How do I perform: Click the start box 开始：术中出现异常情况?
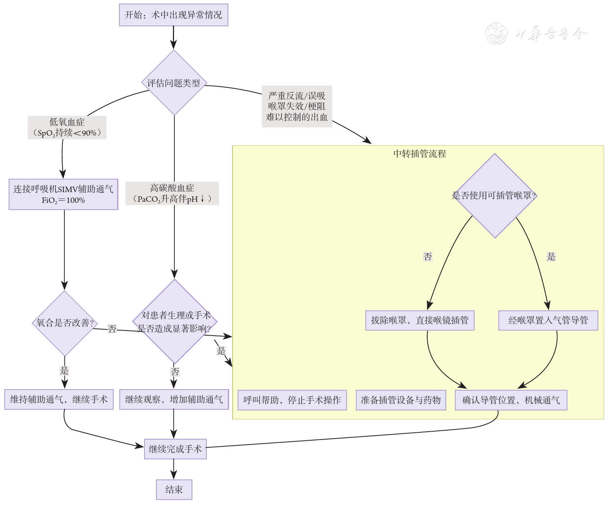tap(173, 15)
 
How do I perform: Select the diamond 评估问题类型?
tap(174, 83)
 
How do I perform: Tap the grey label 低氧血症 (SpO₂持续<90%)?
tap(67, 128)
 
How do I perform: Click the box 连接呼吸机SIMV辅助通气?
tap(63, 194)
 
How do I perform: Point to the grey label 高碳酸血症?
tap(172, 194)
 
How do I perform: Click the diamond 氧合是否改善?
tap(65, 323)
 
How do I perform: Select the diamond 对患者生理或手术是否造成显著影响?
tap(175, 322)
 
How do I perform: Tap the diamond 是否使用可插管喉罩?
tap(495, 196)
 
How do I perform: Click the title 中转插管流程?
tap(419, 154)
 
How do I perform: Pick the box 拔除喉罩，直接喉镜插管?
tap(420, 320)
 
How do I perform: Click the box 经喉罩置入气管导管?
tap(548, 320)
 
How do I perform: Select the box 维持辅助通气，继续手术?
tap(59, 399)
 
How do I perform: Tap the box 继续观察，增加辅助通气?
tap(174, 399)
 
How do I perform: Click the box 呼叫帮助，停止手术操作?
tap(292, 400)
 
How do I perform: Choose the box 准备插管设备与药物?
tap(401, 400)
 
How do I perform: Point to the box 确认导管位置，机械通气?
tap(511, 400)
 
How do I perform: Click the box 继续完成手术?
tap(175, 449)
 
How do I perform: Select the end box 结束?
tap(174, 490)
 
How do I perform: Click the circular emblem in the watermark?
tap(496, 33)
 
